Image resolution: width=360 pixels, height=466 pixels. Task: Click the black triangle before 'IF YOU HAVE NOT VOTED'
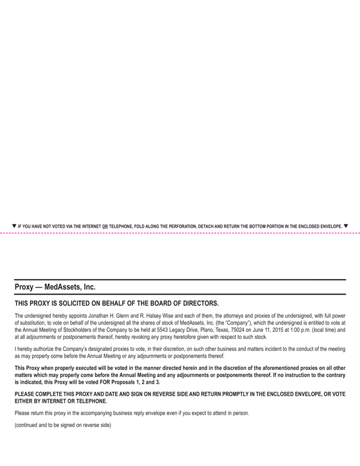tap(14, 226)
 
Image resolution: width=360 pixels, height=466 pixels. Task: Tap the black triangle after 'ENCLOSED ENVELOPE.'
tap(345, 226)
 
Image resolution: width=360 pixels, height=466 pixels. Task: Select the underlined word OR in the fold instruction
tap(104, 227)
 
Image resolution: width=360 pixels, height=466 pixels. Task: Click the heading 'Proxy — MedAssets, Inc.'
tap(55, 287)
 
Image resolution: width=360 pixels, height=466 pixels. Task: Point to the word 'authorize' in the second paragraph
tap(48, 349)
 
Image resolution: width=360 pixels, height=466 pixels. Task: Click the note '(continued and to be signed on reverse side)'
tap(62, 425)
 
